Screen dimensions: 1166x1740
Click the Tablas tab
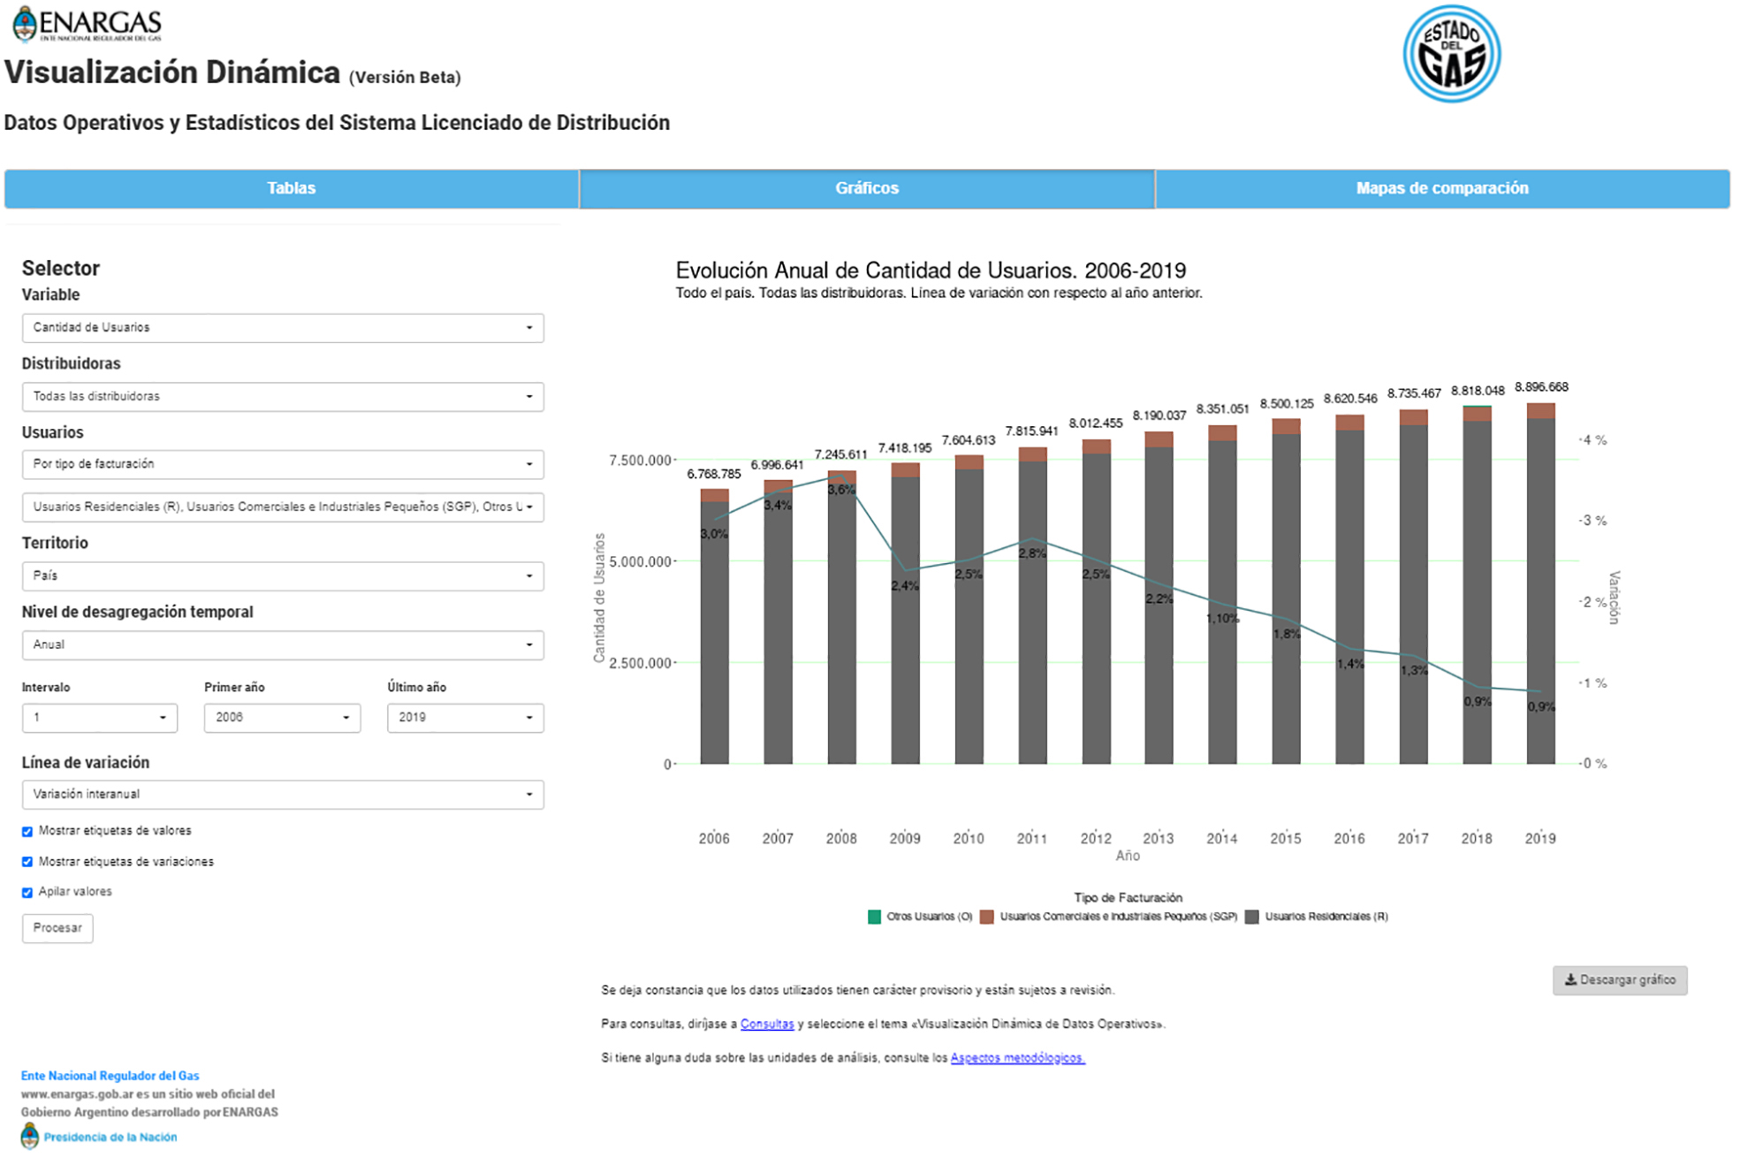tap(292, 188)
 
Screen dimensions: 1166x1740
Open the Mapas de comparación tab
tap(1441, 188)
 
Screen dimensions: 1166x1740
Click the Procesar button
tap(57, 928)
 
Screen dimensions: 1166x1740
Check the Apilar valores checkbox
tap(27, 893)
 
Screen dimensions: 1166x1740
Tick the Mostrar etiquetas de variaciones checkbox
tap(27, 862)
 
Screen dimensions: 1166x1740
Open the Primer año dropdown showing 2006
tap(282, 718)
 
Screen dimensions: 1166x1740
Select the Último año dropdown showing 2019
tap(465, 718)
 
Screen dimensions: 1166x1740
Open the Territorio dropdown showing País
tap(283, 576)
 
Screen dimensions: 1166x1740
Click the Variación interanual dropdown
tap(283, 795)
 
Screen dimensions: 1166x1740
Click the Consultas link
tap(766, 1025)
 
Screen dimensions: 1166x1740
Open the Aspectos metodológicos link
tap(1017, 1058)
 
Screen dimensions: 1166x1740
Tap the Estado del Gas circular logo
tap(1451, 54)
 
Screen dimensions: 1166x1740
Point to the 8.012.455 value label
tap(1095, 423)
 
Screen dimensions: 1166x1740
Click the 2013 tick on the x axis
tap(1158, 838)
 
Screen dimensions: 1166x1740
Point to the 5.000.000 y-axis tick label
tap(640, 561)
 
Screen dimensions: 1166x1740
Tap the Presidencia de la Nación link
tap(110, 1138)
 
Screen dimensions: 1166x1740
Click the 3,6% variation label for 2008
tap(841, 490)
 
